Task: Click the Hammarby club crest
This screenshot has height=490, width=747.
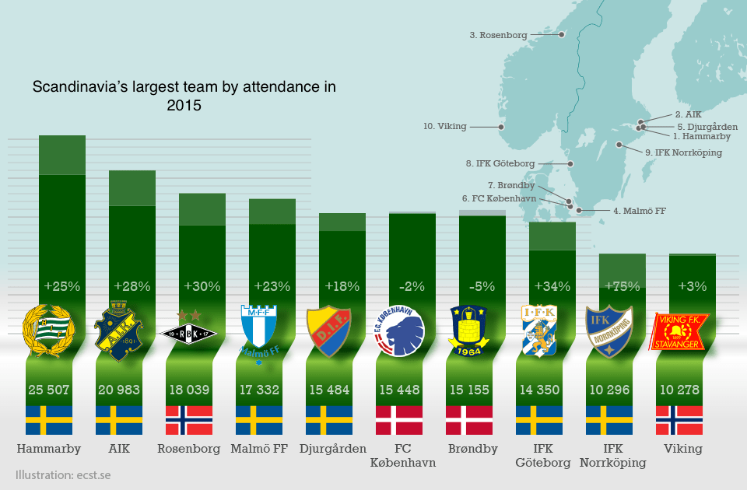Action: click(48, 333)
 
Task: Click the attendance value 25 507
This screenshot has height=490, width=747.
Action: click(48, 389)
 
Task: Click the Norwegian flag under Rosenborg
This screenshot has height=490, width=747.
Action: click(188, 420)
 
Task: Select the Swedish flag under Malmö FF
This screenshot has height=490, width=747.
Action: click(258, 420)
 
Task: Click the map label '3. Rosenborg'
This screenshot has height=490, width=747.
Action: click(498, 35)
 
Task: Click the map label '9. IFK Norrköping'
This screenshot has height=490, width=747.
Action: click(683, 152)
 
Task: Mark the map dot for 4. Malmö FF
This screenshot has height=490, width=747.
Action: click(577, 210)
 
